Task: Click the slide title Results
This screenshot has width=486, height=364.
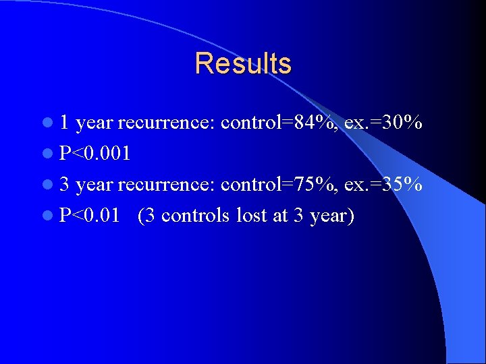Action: pyautogui.click(x=243, y=64)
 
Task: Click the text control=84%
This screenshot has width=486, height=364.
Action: pyautogui.click(x=279, y=123)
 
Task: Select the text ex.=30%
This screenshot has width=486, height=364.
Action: pyautogui.click(x=383, y=123)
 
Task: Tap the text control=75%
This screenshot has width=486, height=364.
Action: pyautogui.click(x=279, y=185)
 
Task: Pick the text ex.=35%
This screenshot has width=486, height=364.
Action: pyautogui.click(x=383, y=185)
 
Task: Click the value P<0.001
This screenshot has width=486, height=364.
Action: pyautogui.click(x=95, y=154)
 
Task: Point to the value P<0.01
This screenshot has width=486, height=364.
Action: pyautogui.click(x=90, y=216)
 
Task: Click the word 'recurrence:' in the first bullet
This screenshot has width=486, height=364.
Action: pyautogui.click(x=167, y=123)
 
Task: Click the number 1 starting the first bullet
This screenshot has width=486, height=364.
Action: pyautogui.click(x=64, y=123)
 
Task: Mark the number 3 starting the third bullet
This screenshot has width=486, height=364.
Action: pyautogui.click(x=64, y=185)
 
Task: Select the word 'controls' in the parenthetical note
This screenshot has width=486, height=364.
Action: pyautogui.click(x=196, y=216)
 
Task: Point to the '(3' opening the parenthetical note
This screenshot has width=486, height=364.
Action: pyautogui.click(x=146, y=216)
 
